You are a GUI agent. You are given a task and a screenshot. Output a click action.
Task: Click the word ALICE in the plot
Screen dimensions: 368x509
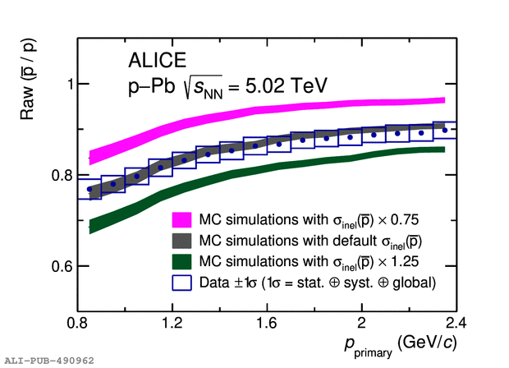[x=158, y=60]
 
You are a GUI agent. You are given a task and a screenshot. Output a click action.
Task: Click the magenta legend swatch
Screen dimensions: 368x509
[x=182, y=220]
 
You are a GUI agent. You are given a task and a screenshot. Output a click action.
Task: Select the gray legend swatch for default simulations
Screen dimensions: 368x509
[x=182, y=241]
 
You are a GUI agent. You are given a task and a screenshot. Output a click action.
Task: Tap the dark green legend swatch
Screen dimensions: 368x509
[x=182, y=262]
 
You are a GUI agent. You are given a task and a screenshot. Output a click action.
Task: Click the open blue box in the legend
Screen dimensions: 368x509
[x=182, y=283]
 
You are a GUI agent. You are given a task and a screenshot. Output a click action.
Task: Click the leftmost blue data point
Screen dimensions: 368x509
[x=89, y=189]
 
